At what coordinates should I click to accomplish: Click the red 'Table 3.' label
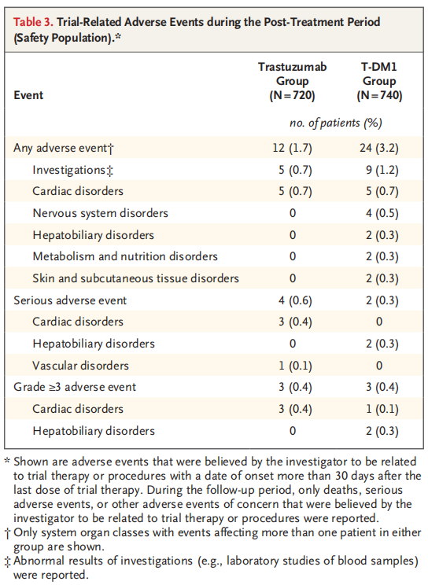tap(34, 22)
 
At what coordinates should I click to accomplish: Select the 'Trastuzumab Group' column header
tap(292, 81)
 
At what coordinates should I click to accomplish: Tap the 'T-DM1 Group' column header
tap(379, 81)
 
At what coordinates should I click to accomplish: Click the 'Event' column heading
tap(28, 95)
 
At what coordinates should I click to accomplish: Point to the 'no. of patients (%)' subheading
tap(336, 123)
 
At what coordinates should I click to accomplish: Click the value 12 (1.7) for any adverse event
tap(292, 148)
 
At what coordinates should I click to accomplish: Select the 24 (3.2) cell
tap(379, 148)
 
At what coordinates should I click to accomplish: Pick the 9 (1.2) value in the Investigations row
tap(382, 170)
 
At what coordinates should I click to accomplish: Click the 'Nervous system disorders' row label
tap(101, 213)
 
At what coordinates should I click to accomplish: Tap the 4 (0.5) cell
tap(382, 213)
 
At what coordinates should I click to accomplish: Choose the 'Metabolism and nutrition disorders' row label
tap(125, 256)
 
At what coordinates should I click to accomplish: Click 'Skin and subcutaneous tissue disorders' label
tap(135, 278)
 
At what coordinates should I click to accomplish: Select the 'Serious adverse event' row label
tap(70, 300)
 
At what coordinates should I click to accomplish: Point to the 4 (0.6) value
tap(295, 300)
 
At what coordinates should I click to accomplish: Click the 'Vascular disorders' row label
tap(81, 366)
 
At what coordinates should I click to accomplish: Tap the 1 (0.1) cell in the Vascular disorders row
tap(295, 366)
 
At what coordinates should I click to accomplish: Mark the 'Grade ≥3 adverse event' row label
tap(75, 387)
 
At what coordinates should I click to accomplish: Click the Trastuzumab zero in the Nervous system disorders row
tap(293, 213)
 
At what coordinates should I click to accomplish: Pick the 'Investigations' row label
tap(73, 170)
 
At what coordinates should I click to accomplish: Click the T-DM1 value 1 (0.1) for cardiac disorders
tap(382, 410)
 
